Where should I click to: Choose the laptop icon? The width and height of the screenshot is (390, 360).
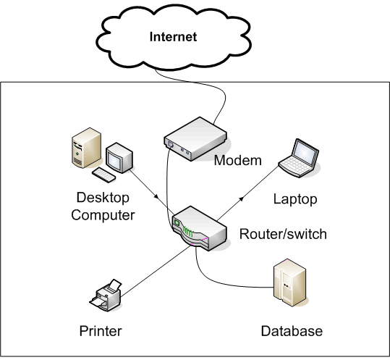click(x=299, y=158)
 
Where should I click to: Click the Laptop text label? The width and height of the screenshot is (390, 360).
click(x=294, y=198)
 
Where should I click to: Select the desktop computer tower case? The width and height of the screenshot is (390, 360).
click(x=84, y=151)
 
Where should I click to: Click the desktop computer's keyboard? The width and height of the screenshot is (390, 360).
click(x=106, y=175)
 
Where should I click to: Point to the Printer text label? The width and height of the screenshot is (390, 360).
click(x=101, y=332)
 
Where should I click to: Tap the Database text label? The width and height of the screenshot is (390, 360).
click(x=291, y=332)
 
